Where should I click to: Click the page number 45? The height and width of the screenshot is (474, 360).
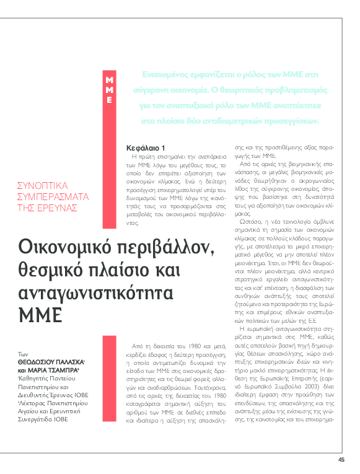point(341,459)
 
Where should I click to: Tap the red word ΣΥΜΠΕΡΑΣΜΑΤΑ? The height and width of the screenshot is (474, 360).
point(53,196)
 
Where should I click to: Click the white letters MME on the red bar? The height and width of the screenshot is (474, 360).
point(109,90)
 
